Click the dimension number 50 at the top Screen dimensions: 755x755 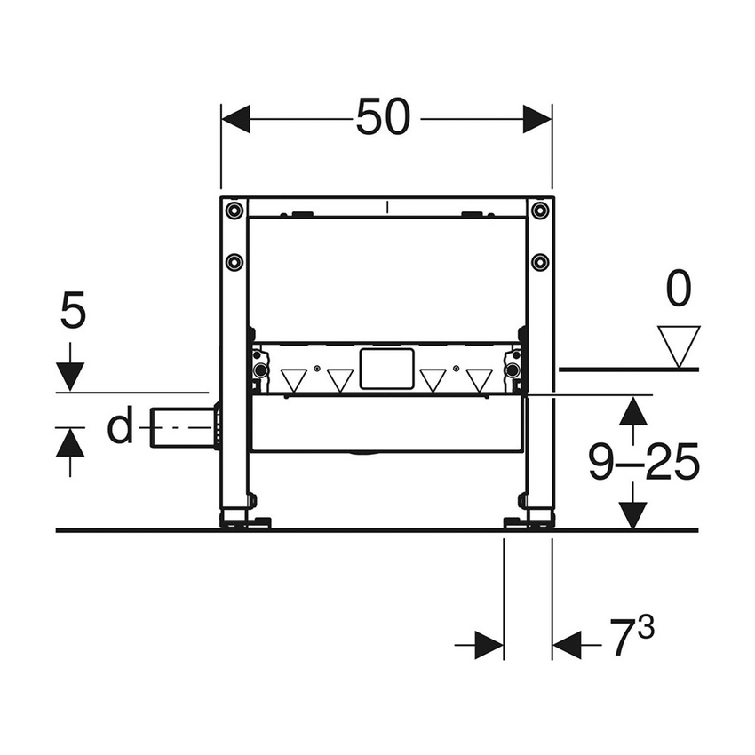[383, 117]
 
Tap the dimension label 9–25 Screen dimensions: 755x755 [644, 462]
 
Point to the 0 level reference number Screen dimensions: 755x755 [679, 290]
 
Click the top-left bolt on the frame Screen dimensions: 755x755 [234, 211]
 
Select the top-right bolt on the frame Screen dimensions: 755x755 [539, 211]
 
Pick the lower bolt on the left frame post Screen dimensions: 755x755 [234, 261]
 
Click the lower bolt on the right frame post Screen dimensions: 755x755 [539, 261]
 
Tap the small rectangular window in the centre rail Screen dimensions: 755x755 [386, 368]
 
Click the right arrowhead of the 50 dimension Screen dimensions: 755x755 [537, 118]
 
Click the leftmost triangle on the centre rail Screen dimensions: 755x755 [293, 380]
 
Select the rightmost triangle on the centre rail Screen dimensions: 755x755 [479, 380]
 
